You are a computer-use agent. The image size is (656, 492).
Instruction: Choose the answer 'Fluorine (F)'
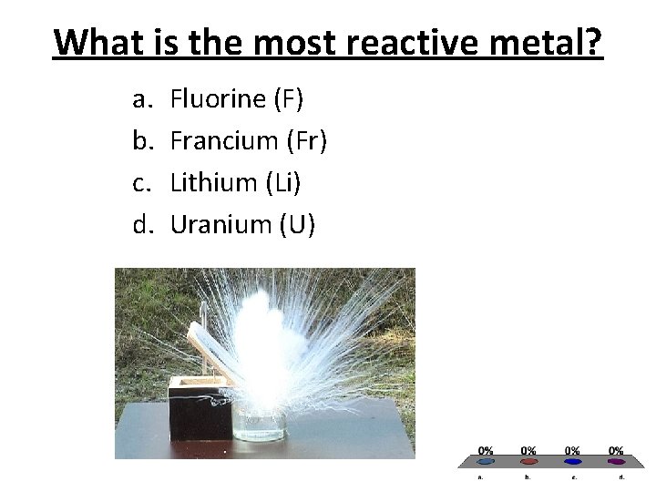click(237, 98)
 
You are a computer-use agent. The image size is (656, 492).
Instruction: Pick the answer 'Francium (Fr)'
click(248, 140)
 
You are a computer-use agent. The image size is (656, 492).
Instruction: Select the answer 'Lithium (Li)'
click(235, 182)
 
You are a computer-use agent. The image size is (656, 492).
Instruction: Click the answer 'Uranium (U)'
click(242, 224)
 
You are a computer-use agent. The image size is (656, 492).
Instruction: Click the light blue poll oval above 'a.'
click(486, 461)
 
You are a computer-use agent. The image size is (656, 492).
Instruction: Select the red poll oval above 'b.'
click(528, 461)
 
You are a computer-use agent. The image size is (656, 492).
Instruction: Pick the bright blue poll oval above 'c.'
click(572, 461)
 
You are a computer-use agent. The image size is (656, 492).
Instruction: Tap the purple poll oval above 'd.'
click(616, 461)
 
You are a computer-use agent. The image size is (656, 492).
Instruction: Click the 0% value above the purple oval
click(616, 450)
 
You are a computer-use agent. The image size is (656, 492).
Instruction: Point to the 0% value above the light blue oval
click(486, 450)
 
